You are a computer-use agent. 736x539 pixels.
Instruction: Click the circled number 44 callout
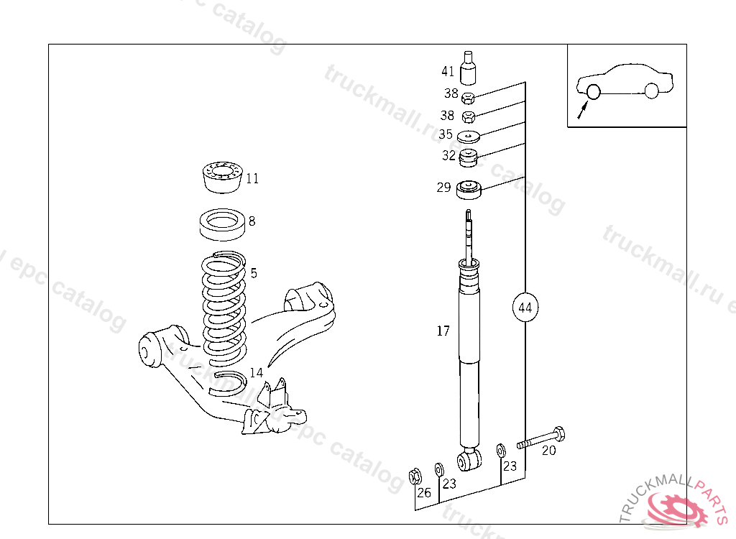tap(525, 308)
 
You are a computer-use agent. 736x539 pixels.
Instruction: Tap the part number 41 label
tap(448, 71)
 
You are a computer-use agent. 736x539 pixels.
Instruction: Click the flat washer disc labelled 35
tap(468, 137)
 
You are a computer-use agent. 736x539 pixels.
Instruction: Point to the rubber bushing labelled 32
tap(469, 157)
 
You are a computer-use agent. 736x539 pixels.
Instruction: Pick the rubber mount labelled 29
tap(468, 190)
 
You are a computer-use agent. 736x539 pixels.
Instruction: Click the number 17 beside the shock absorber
tap(443, 331)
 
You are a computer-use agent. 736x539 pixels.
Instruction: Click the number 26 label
tap(424, 492)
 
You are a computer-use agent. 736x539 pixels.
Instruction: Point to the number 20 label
tap(548, 451)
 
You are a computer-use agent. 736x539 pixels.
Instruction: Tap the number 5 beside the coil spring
tap(253, 273)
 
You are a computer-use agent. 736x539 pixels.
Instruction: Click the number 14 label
tap(257, 372)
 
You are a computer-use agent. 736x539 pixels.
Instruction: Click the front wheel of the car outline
tap(651, 91)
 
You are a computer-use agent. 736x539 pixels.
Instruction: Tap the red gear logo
tap(676, 508)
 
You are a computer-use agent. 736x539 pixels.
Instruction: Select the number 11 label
tap(252, 179)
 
